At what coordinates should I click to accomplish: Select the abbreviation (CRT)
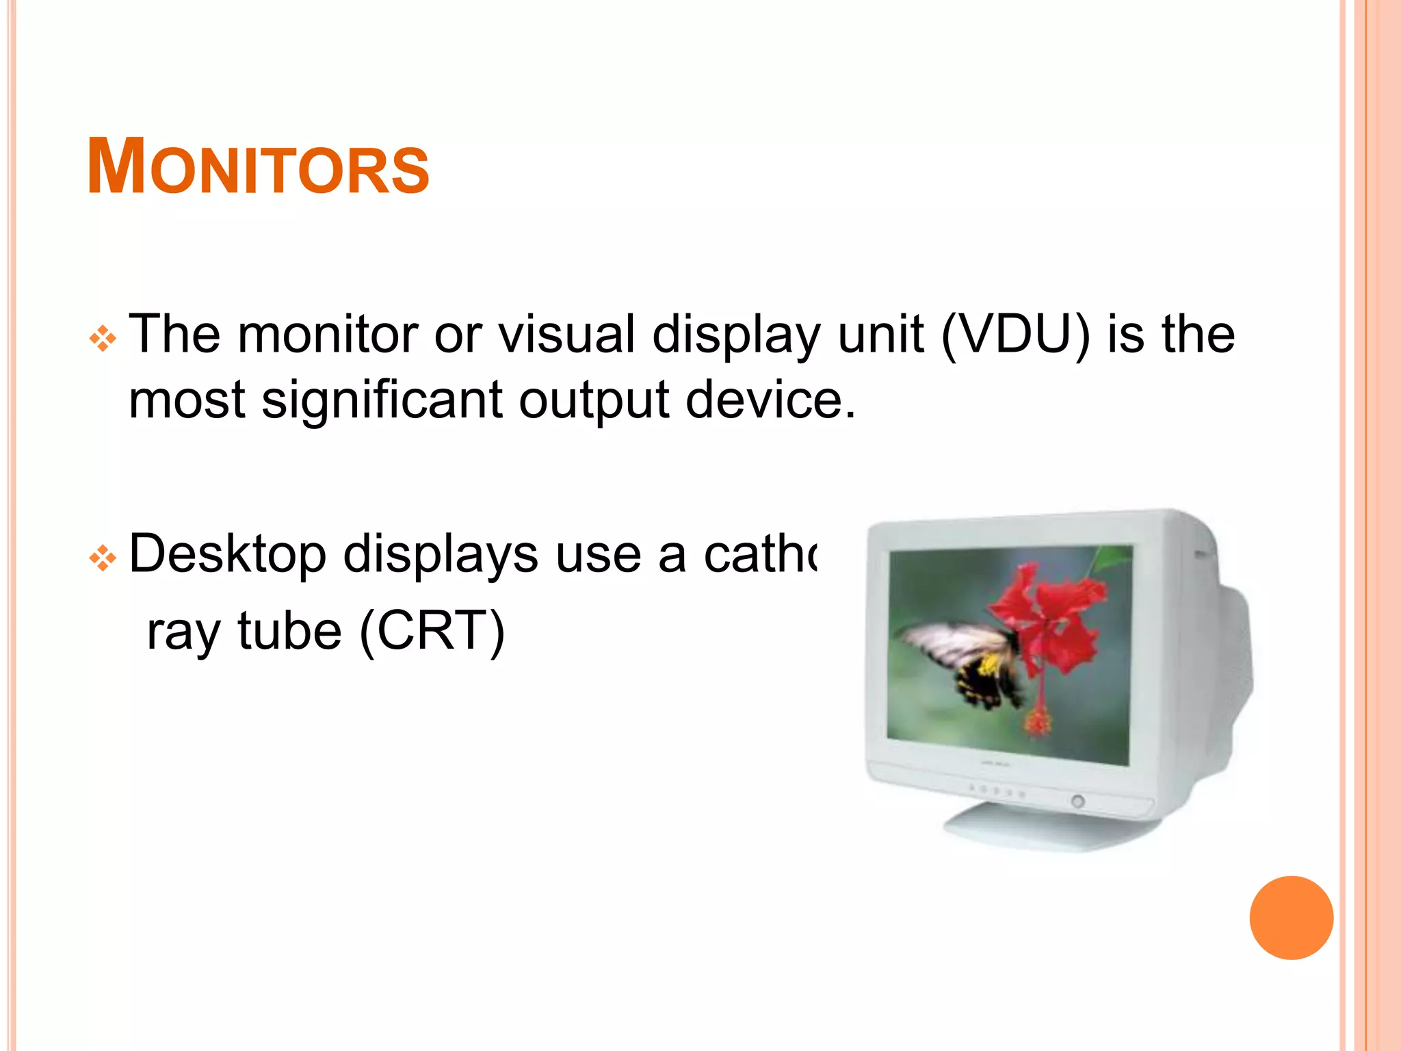(432, 632)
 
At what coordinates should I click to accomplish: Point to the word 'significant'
(382, 400)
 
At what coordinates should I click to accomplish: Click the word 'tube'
(289, 631)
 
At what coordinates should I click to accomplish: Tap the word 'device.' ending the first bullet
(770, 400)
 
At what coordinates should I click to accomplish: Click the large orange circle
(1291, 918)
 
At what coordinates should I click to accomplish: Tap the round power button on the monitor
(1077, 801)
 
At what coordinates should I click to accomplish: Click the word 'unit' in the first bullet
(880, 335)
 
